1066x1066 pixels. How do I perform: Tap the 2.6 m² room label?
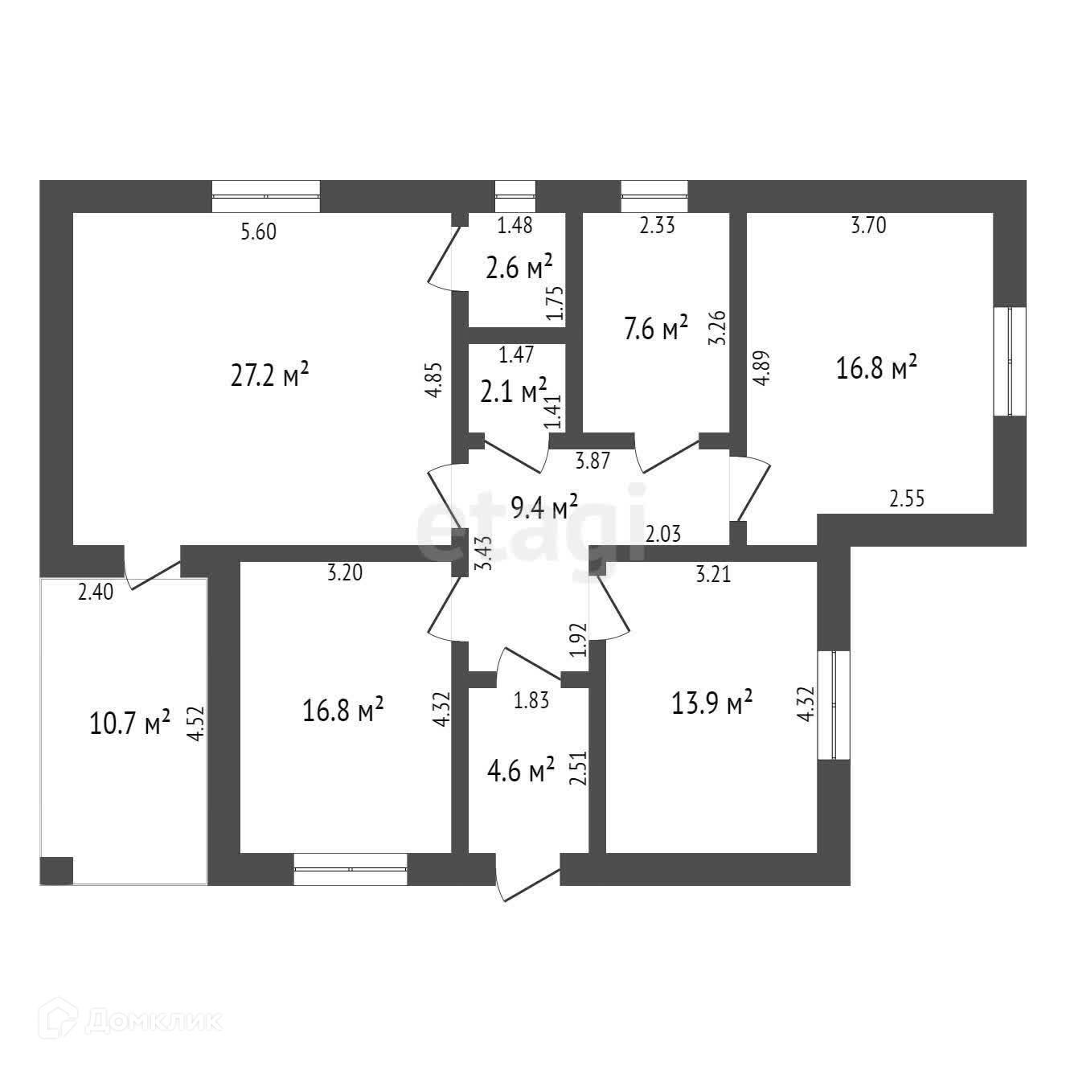[519, 267]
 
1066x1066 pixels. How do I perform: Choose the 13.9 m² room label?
[711, 703]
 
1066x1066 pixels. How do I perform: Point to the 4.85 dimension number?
[434, 380]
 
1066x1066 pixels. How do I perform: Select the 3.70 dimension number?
[868, 226]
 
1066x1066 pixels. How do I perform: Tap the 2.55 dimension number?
[907, 498]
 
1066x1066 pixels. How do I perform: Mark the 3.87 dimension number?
[592, 461]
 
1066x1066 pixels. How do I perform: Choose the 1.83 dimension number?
[531, 700]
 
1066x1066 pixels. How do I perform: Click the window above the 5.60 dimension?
[266, 196]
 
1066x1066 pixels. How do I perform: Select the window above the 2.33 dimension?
[654, 196]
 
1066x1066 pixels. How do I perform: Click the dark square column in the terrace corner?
[56, 870]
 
